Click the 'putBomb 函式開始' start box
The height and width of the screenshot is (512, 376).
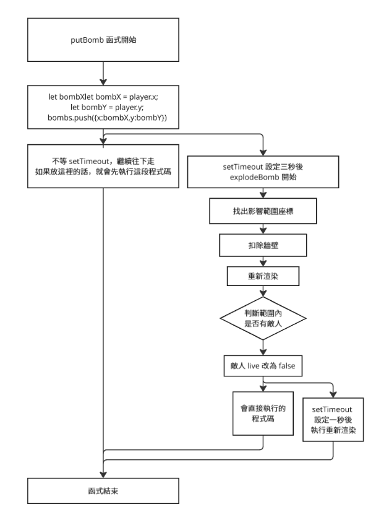[103, 40]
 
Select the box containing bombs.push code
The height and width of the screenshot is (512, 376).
[103, 107]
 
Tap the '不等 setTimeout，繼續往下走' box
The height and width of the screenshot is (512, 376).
[103, 166]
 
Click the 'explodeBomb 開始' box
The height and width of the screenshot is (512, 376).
[263, 171]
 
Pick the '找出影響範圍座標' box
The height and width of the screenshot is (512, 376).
[263, 211]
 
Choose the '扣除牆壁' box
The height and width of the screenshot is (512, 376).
[263, 245]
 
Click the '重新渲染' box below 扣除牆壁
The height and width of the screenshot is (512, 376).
[263, 276]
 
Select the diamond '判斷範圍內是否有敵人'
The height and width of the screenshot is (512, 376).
[263, 318]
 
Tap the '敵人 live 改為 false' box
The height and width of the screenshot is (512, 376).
[263, 366]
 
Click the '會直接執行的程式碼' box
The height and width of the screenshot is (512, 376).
[263, 414]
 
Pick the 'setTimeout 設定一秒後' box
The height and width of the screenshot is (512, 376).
[333, 420]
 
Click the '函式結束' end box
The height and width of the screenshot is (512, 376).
[103, 491]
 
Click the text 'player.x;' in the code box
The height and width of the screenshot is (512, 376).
[143, 97]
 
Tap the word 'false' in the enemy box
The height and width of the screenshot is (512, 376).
[287, 366]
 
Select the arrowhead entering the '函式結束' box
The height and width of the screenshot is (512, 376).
[103, 474]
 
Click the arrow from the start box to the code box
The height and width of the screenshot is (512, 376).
[103, 74]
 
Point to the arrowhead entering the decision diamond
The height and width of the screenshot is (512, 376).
[263, 293]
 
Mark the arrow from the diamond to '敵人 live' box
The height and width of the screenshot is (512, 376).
[263, 348]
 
